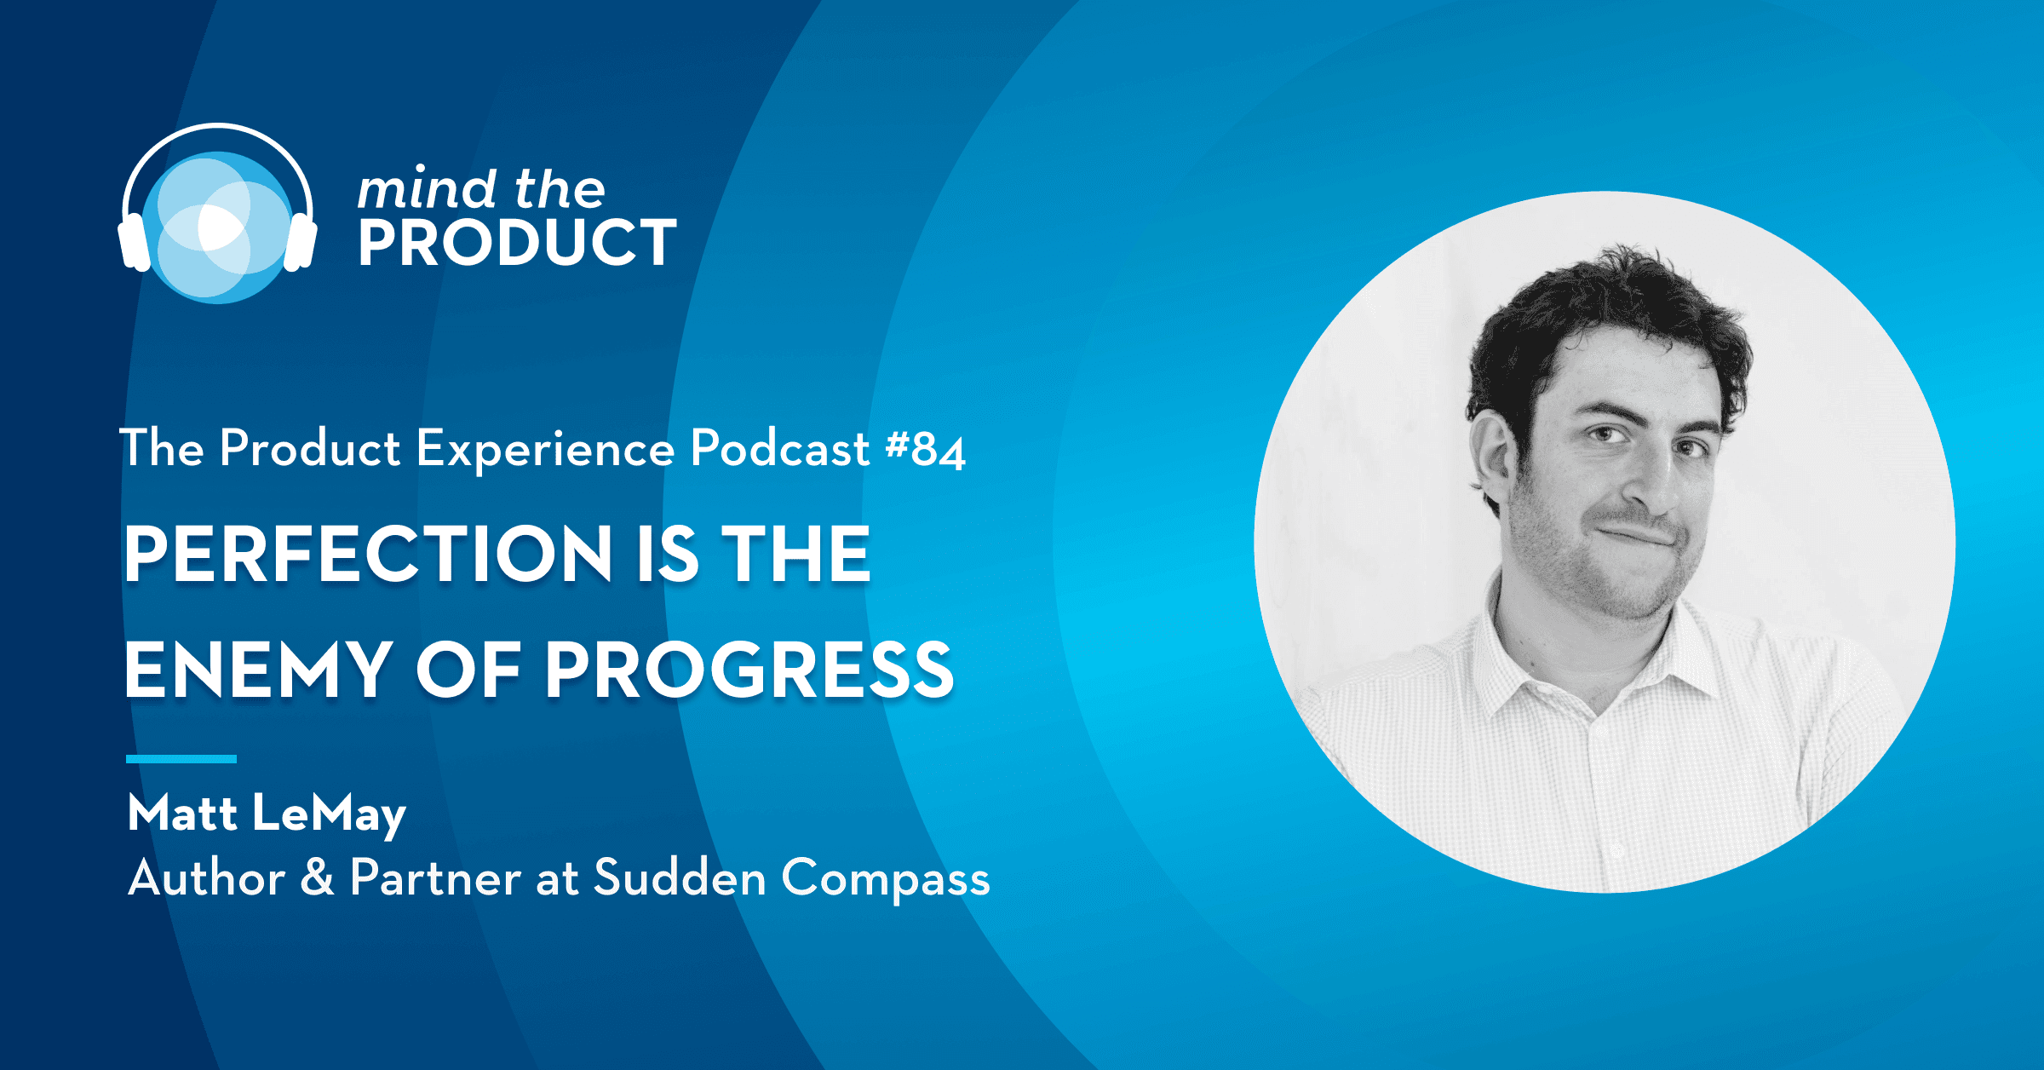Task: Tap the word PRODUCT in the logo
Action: click(517, 243)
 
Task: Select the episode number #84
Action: click(926, 449)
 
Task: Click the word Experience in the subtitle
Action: click(545, 450)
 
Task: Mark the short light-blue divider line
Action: click(181, 758)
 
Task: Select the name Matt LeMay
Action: click(267, 814)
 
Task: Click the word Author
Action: click(207, 877)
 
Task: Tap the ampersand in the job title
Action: click(317, 877)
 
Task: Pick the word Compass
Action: click(886, 879)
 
